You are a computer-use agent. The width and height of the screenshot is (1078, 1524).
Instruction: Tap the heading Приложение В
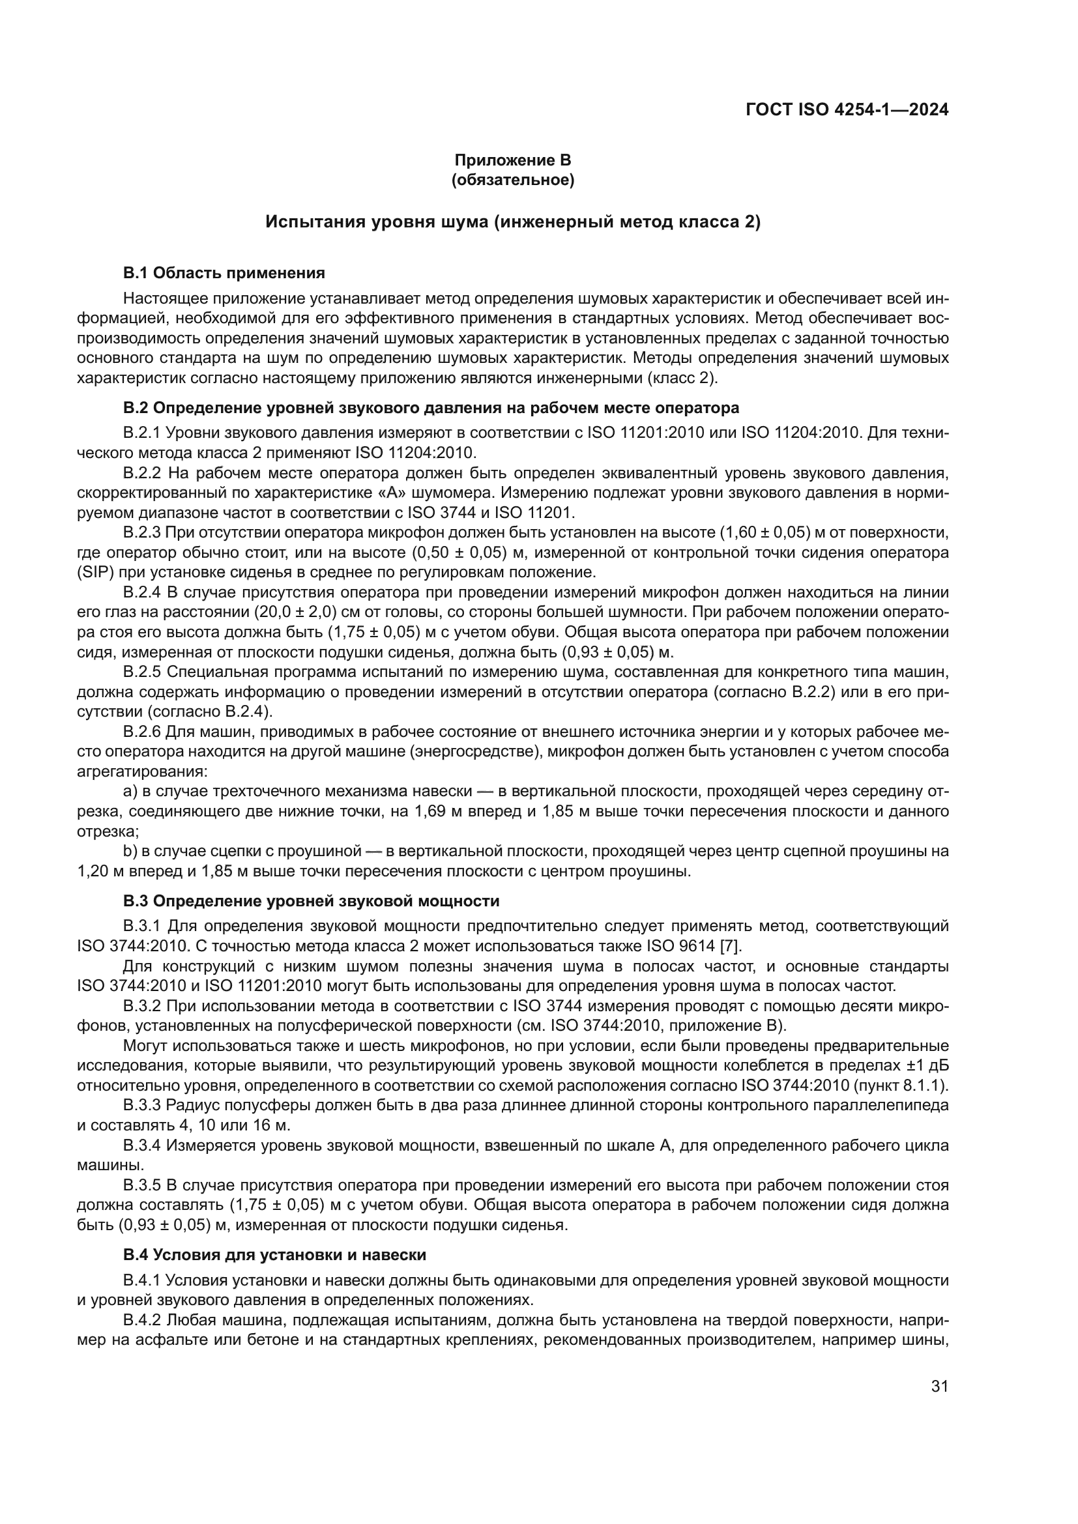click(x=512, y=160)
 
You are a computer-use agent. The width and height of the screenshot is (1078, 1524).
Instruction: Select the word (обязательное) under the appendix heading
click(x=512, y=180)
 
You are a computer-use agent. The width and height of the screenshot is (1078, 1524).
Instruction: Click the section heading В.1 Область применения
click(x=224, y=273)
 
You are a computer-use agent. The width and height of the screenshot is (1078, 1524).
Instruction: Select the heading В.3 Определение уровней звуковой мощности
click(x=312, y=900)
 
